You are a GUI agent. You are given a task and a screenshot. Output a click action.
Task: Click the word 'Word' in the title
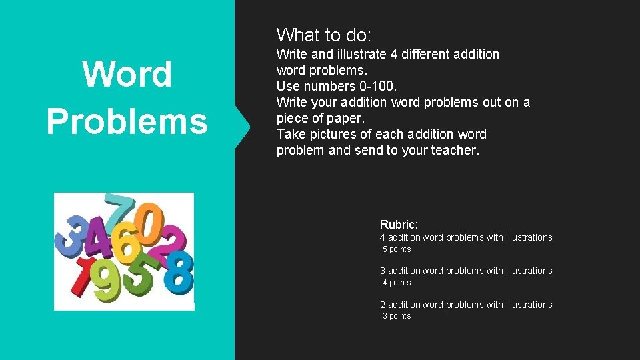127,74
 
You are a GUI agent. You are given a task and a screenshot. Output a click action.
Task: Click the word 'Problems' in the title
127,121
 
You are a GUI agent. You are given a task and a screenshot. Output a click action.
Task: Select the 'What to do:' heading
324,35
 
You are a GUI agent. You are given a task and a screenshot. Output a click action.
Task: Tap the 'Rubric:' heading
399,225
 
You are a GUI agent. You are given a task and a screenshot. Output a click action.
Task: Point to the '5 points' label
397,249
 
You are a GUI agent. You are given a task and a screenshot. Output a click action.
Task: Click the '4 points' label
397,283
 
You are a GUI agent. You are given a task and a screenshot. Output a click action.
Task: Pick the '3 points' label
397,316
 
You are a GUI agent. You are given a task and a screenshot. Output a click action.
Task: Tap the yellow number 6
125,245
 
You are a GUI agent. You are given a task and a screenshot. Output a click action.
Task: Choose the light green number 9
107,280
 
